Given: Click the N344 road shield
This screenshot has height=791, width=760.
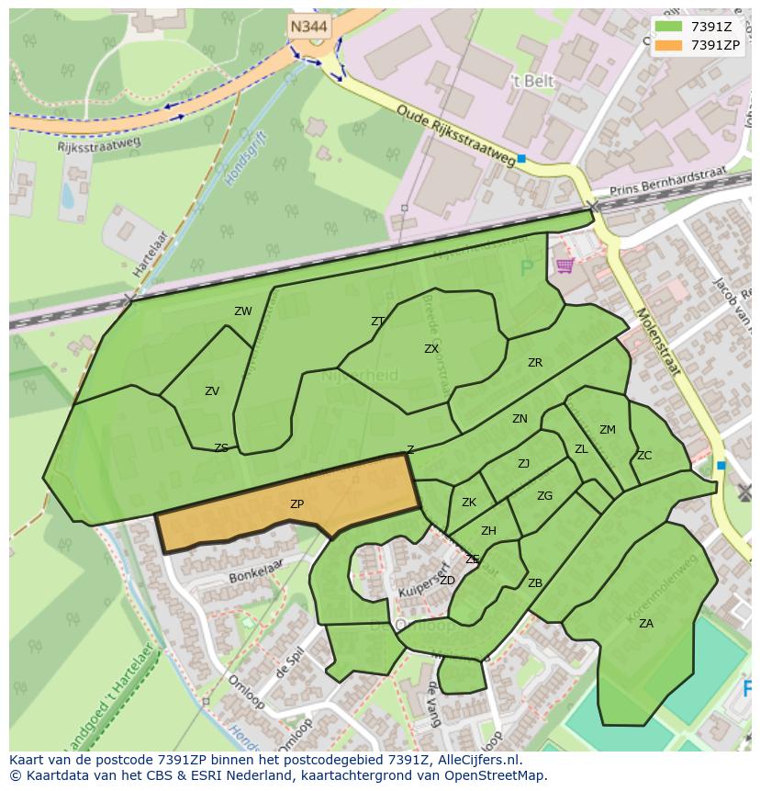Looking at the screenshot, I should (309, 27).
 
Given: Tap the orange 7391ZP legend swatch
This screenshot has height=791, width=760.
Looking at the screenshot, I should (667, 45).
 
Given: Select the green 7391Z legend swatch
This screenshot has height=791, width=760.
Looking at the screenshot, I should (667, 27).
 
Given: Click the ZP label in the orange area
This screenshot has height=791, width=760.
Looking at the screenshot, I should (296, 504).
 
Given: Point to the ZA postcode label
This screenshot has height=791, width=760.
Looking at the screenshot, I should (646, 624).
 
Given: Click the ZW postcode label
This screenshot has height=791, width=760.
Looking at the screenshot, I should (242, 311).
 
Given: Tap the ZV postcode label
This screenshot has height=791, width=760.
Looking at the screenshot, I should (212, 391).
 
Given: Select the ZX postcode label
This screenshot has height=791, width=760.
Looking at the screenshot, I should (431, 349).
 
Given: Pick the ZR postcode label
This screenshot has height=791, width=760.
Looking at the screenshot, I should (535, 363).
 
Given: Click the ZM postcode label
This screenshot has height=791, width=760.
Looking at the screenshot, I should (608, 430).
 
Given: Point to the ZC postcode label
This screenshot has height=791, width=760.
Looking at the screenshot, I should (644, 456).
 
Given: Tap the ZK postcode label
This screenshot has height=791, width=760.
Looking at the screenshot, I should (469, 503).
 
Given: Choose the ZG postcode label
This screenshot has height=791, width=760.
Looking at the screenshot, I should (545, 496).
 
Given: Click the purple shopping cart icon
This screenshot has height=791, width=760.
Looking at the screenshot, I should (564, 266).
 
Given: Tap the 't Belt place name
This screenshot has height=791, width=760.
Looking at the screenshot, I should (532, 82).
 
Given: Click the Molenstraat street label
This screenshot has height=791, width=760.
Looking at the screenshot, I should (657, 342).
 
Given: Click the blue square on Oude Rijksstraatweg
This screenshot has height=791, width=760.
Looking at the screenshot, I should (521, 159).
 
